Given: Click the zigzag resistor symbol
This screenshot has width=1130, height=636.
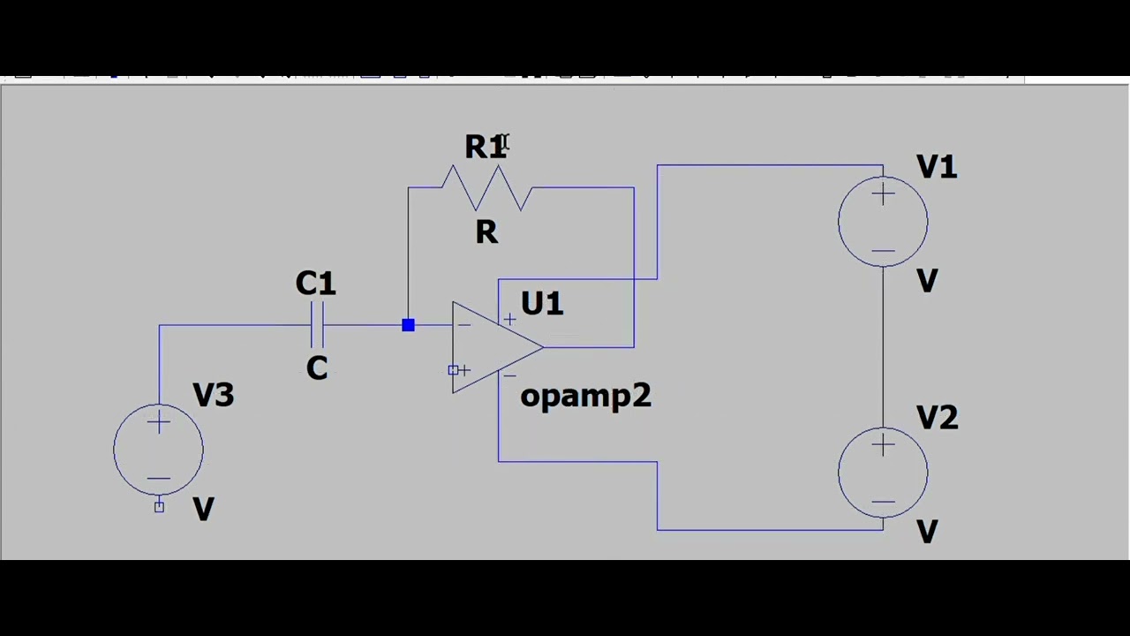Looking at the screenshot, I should [x=486, y=188].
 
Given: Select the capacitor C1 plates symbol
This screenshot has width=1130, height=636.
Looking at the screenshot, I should [x=318, y=326].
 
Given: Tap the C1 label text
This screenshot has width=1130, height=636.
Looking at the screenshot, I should [x=315, y=284].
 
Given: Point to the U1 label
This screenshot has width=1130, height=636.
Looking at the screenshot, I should [x=541, y=304].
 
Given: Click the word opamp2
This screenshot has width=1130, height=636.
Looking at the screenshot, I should [x=585, y=396].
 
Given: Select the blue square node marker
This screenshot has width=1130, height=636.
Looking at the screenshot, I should [x=408, y=326].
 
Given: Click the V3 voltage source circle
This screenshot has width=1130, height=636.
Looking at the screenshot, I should [x=159, y=450].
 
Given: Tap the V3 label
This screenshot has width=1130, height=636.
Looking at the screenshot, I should [x=213, y=395].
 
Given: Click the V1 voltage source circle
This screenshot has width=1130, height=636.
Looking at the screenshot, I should [x=883, y=222].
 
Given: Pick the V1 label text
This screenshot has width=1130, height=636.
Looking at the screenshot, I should [x=936, y=167].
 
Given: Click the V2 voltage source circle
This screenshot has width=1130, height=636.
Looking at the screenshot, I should [x=883, y=473].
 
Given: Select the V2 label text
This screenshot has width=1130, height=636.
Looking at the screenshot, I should [x=936, y=417].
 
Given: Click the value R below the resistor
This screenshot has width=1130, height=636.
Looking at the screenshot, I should [x=486, y=232].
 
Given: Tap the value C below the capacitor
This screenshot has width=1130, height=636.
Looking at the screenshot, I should [x=317, y=368].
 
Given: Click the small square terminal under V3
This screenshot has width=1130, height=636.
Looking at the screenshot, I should [x=159, y=506].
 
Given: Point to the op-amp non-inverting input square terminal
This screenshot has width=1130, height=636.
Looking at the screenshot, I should [x=454, y=370].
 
